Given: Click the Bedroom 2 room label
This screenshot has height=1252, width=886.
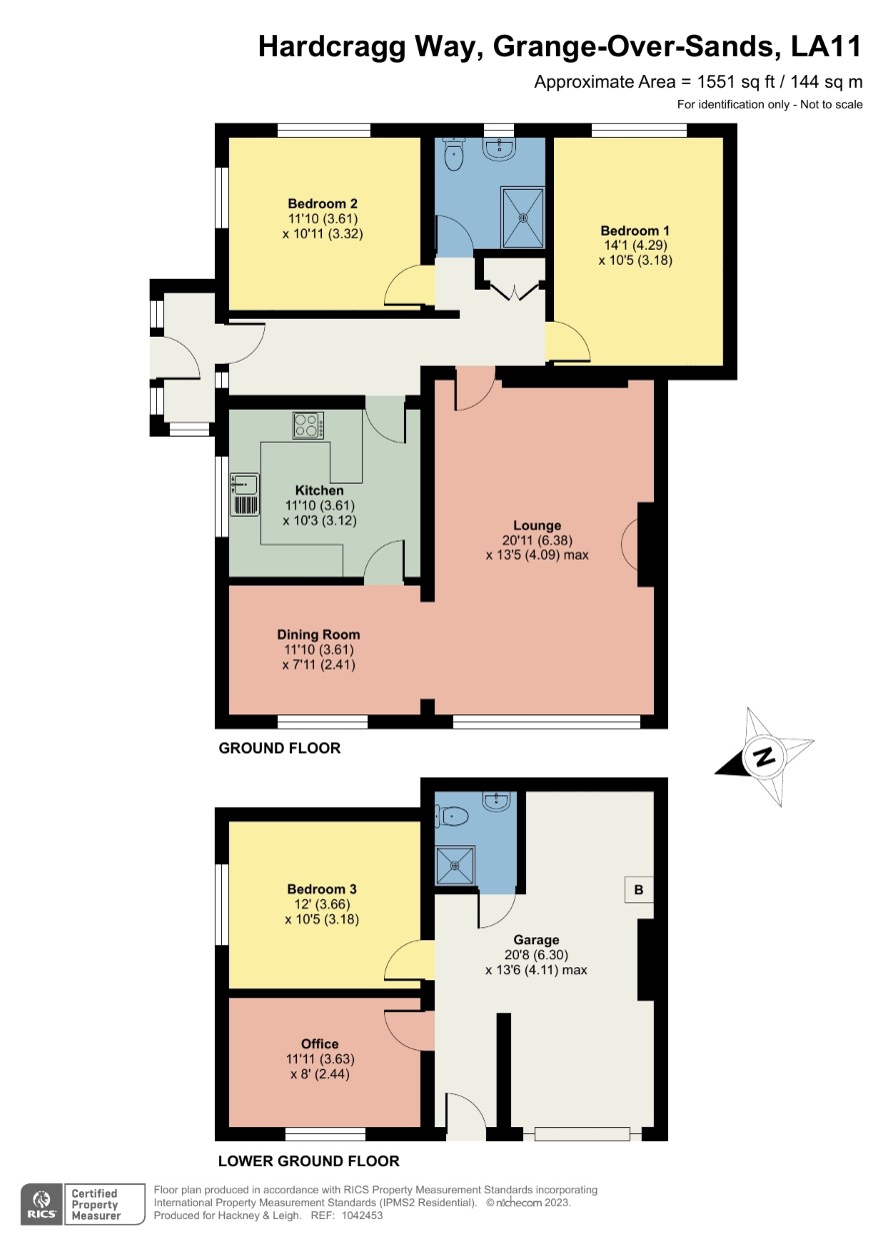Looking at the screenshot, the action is point(323,204).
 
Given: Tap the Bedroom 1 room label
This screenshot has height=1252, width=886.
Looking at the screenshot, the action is point(635,230).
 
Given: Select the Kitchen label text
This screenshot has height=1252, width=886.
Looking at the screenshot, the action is point(319,491).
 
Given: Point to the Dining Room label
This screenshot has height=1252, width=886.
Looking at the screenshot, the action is point(318,634).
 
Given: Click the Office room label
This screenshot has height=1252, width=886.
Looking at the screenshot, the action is point(319,1043).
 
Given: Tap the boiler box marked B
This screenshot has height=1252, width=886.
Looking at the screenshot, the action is point(639,888).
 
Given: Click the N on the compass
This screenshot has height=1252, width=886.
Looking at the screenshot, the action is point(764,758).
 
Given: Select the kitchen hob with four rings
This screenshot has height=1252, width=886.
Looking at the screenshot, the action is point(308,426).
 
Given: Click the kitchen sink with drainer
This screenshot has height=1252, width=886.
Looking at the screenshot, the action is point(244,494).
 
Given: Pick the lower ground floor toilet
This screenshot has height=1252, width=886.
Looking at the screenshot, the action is point(452,816).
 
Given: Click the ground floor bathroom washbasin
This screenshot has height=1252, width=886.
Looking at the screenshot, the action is point(498,147).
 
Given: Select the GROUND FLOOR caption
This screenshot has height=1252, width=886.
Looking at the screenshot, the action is point(279,748).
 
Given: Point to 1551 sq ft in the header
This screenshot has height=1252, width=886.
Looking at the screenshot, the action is point(736,82).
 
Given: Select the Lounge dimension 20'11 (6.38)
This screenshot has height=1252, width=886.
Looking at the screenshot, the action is point(537,540).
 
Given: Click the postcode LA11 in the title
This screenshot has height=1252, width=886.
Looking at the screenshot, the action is point(826,47).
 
